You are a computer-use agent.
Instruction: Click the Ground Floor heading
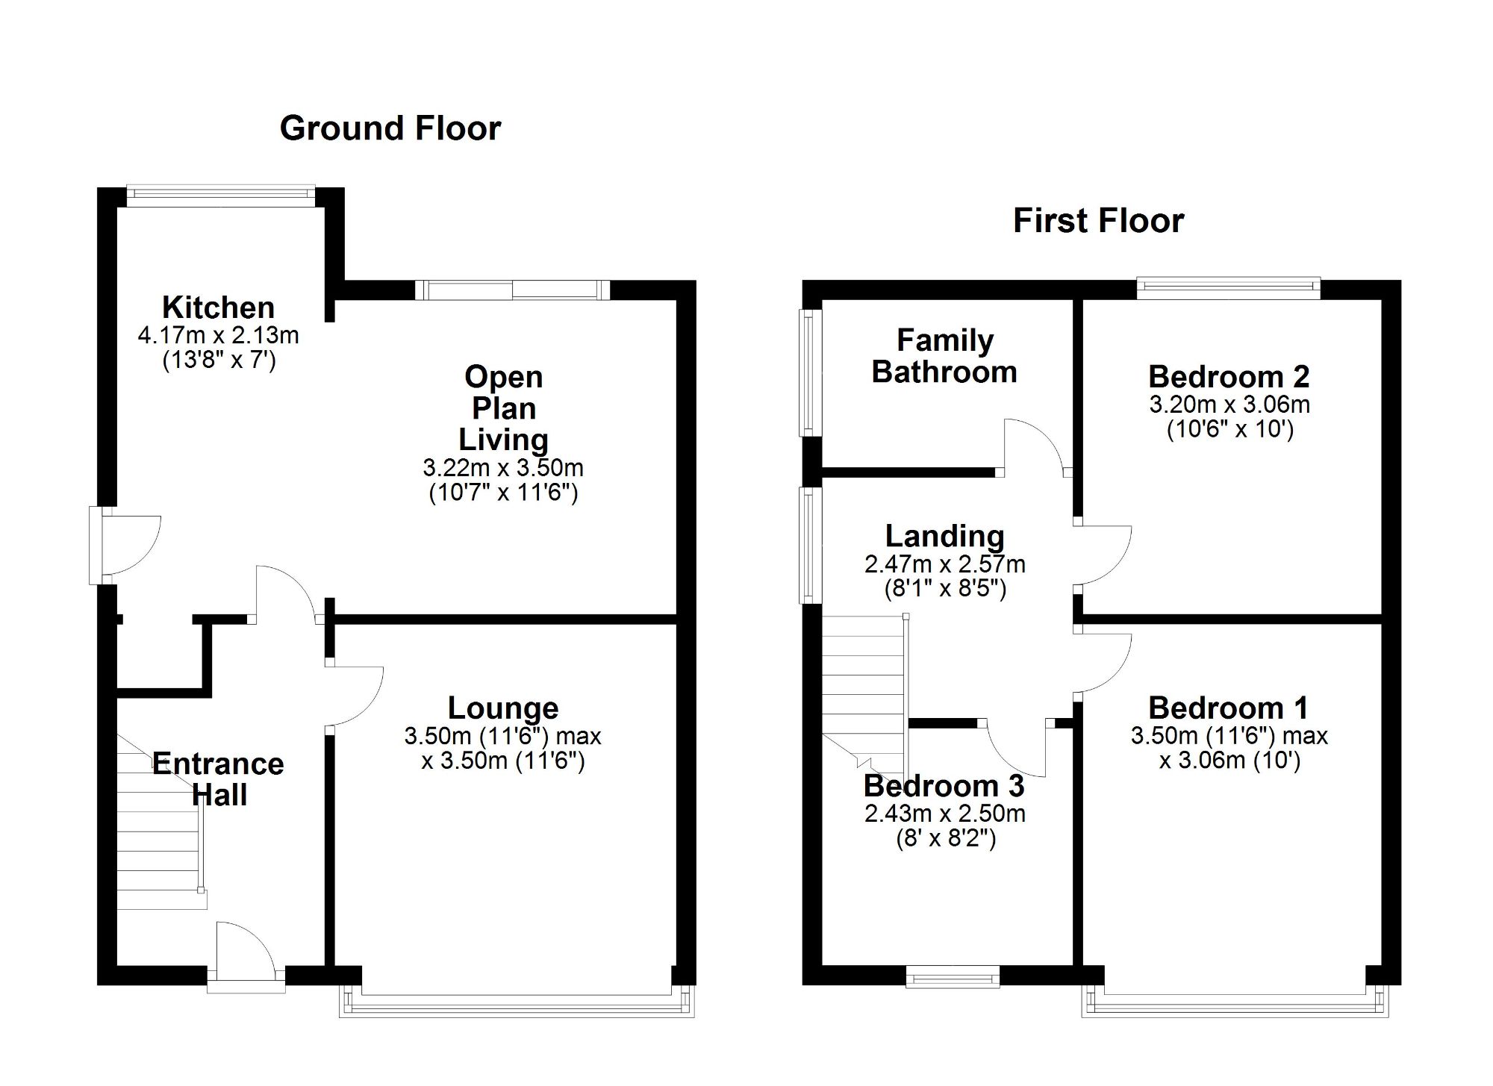click(390, 128)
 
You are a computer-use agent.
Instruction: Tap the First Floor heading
click(1098, 221)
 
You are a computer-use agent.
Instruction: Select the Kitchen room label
click(219, 308)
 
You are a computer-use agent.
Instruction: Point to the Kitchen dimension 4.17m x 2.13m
click(219, 335)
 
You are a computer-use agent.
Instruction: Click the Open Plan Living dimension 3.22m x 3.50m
click(503, 468)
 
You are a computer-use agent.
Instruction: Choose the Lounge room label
click(503, 708)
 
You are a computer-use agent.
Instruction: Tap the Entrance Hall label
click(219, 779)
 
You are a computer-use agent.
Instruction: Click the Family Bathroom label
click(945, 356)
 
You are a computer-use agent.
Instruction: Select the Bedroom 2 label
click(1229, 377)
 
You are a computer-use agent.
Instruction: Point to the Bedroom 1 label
click(1229, 708)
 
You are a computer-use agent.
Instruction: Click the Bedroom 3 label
click(944, 786)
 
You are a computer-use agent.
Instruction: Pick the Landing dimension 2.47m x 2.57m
click(945, 564)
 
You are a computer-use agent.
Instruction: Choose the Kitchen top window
click(221, 196)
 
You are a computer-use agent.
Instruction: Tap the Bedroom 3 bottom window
click(953, 977)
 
